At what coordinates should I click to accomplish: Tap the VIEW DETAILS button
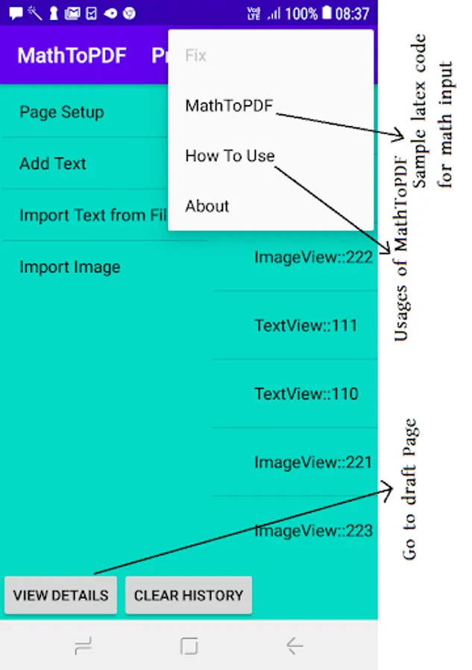tap(60, 596)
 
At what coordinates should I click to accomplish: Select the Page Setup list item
tap(62, 112)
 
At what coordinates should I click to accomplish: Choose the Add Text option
tap(53, 164)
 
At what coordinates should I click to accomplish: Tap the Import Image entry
tap(70, 267)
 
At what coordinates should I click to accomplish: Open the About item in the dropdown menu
tap(207, 206)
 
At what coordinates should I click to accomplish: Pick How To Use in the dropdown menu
tap(230, 156)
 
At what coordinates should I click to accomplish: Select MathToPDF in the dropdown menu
tap(230, 106)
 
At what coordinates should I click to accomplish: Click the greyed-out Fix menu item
tap(196, 56)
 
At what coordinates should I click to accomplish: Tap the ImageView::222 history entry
tap(313, 258)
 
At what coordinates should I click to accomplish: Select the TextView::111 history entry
tap(306, 325)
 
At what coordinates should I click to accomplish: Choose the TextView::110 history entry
tap(306, 394)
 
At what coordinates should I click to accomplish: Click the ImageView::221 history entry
tap(313, 462)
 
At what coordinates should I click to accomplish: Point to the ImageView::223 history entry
tap(313, 531)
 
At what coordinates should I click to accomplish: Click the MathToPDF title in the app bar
tap(72, 56)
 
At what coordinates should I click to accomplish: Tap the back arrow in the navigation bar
tap(295, 645)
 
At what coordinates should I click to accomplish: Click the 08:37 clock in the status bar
tap(352, 13)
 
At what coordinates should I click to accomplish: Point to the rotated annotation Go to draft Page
tap(409, 489)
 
